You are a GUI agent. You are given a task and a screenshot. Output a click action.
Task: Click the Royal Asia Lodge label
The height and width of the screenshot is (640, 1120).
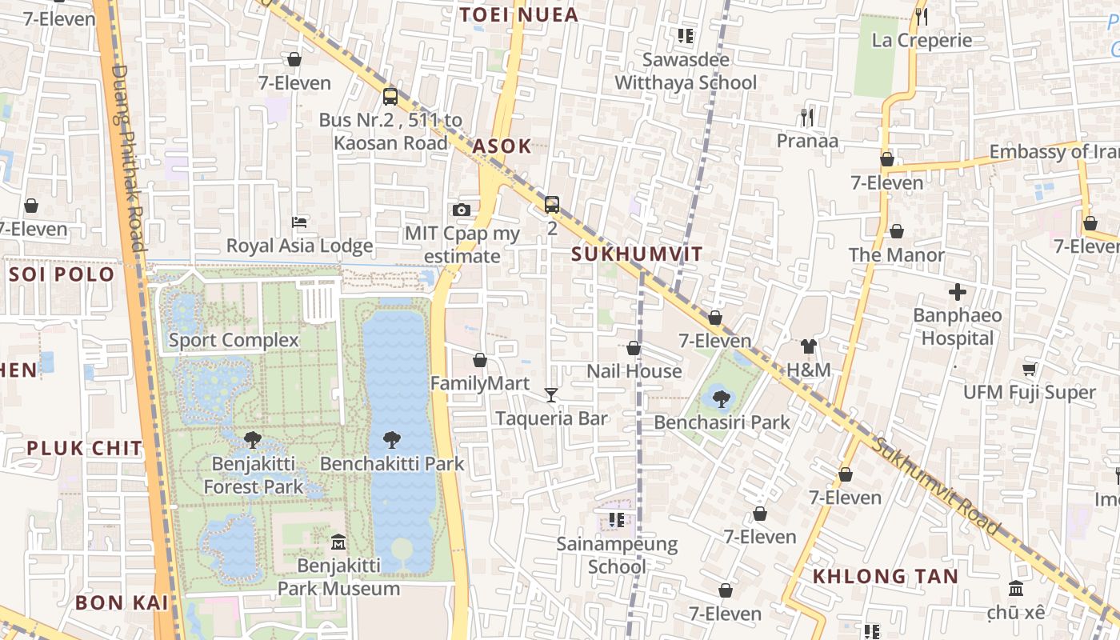299,246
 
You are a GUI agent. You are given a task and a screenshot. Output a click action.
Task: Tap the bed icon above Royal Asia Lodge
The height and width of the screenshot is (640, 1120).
299,222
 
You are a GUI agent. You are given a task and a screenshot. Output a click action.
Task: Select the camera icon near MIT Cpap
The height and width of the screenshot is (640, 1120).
462,210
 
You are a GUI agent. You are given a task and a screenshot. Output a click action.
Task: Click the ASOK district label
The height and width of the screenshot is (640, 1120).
502,146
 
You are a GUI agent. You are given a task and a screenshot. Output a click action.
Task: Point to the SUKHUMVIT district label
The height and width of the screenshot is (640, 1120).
638,255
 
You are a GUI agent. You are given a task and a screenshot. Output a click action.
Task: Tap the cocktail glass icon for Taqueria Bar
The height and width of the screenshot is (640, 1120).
551,394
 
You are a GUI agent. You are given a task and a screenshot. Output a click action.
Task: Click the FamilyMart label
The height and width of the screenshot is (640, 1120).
480,384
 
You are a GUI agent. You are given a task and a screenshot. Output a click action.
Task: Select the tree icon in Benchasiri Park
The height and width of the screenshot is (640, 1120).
722,398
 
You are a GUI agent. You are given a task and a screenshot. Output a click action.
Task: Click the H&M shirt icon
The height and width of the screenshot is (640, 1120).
809,346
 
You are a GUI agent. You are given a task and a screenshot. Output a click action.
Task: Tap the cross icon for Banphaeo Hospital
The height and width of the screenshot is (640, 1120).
957,292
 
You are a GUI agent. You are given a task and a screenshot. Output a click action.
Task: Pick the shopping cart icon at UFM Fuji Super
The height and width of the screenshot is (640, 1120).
1030,369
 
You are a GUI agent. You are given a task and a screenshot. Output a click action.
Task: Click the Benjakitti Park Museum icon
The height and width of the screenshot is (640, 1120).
338,542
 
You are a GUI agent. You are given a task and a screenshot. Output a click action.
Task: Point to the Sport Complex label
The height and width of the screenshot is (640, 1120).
234,340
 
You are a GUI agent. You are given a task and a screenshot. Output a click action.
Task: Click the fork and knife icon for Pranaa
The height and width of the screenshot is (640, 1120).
807,118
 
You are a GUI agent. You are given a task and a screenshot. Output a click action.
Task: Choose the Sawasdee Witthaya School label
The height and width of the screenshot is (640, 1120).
686,71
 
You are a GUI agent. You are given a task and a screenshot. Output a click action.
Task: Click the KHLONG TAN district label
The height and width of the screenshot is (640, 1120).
886,577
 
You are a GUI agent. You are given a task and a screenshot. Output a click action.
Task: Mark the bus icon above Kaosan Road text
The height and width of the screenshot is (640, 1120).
390,97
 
